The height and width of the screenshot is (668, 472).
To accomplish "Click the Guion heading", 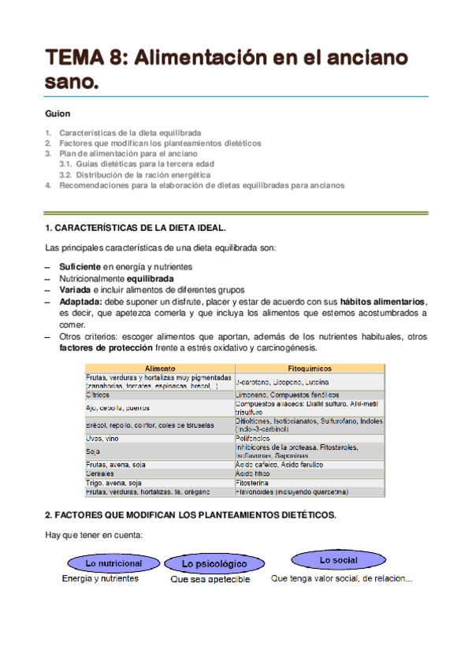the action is [58, 113].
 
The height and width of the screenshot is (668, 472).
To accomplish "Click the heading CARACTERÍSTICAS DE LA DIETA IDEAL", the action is [136, 228].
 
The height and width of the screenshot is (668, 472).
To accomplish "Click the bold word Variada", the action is [77, 289].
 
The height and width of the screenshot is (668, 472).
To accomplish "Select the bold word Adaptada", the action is [80, 301].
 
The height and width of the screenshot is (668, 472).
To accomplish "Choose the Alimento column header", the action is [160, 368].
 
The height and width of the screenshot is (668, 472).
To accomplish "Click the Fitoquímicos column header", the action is [310, 368].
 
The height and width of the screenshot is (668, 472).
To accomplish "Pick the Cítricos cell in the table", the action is [98, 394].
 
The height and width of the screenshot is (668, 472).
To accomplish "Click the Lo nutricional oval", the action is [113, 563].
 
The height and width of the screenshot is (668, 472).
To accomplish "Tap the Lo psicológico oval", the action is [214, 564].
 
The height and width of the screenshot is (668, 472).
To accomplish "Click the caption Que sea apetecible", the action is [210, 579].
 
